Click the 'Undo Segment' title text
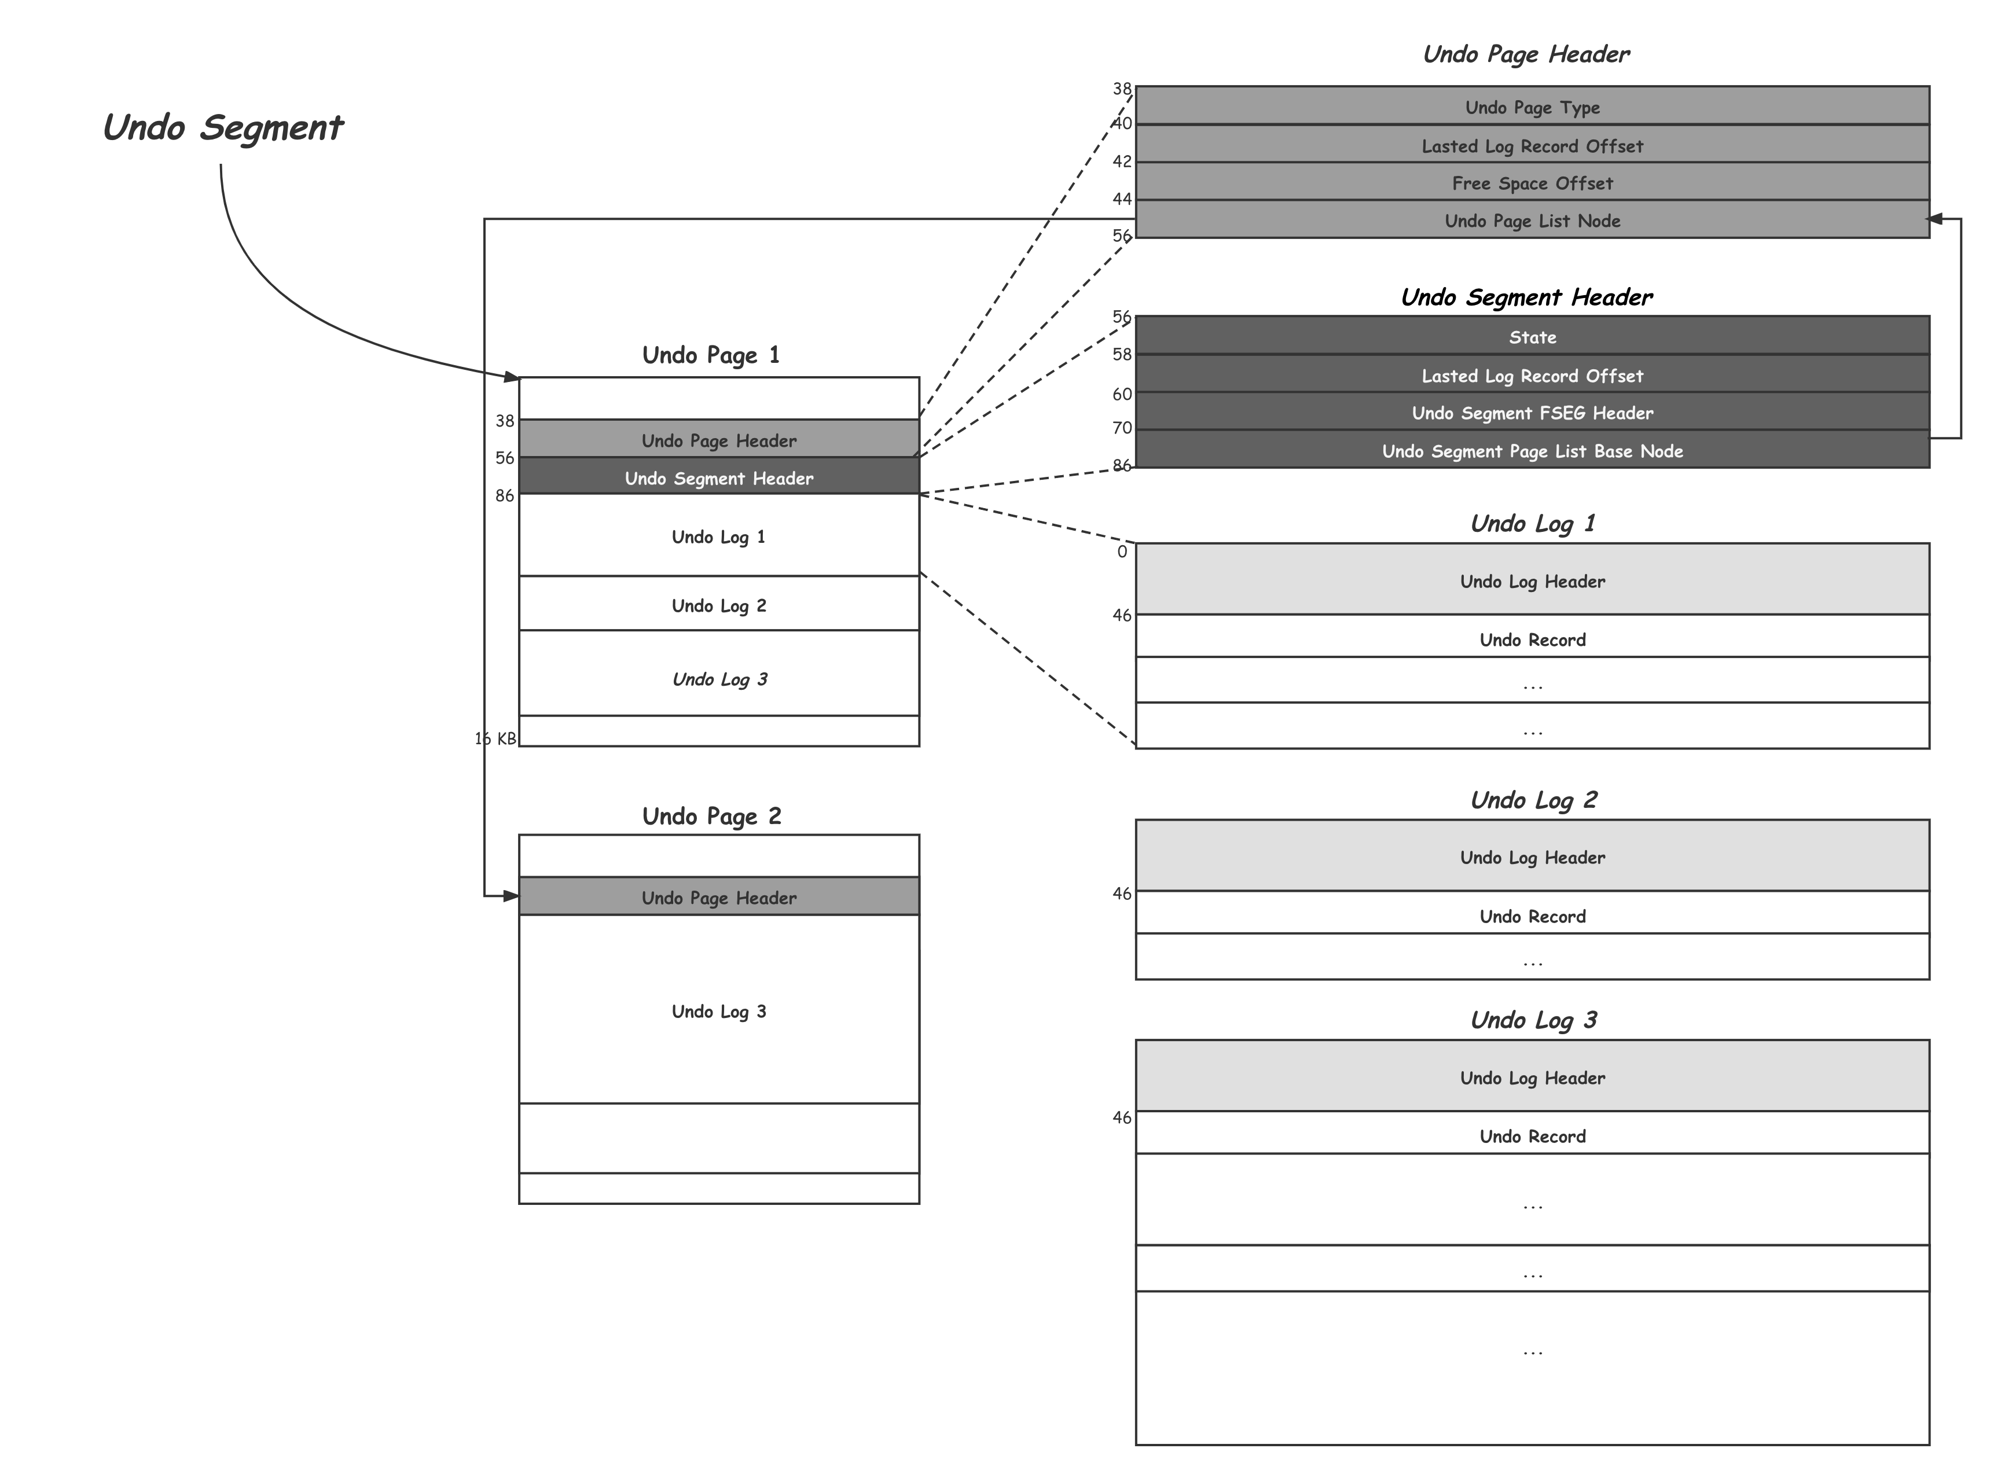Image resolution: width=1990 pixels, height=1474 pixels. pyautogui.click(x=223, y=127)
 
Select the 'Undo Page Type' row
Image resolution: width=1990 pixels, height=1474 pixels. pyautogui.click(x=1532, y=107)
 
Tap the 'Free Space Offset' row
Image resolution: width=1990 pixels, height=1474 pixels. pyautogui.click(x=1532, y=183)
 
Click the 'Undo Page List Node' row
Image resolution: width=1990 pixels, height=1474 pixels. pyautogui.click(x=1532, y=220)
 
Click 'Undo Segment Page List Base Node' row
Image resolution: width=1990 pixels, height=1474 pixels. pyautogui.click(x=1532, y=451)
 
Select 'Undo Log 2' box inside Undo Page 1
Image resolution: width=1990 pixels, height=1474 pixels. pyautogui.click(x=718, y=605)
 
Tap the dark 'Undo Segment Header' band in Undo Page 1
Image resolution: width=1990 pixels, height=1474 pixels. pyautogui.click(x=718, y=477)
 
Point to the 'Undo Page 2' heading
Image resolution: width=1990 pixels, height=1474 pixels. pyautogui.click(x=711, y=815)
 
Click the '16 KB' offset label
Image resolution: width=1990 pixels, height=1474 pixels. pyautogui.click(x=495, y=738)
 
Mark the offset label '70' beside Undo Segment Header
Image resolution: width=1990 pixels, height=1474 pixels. pyautogui.click(x=1122, y=428)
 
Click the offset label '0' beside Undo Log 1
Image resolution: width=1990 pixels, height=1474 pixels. pyautogui.click(x=1122, y=552)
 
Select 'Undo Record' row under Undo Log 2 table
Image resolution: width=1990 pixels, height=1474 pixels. pyautogui.click(x=1532, y=916)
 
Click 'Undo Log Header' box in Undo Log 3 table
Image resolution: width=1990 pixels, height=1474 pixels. pyautogui.click(x=1532, y=1077)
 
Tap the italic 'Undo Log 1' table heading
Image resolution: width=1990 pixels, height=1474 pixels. pyautogui.click(x=1532, y=523)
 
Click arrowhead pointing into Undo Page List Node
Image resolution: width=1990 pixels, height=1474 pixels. pyautogui.click(x=1934, y=219)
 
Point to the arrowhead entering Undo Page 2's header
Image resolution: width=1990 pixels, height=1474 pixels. pyautogui.click(x=511, y=896)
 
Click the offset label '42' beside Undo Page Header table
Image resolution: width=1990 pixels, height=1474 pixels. pyautogui.click(x=1122, y=161)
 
